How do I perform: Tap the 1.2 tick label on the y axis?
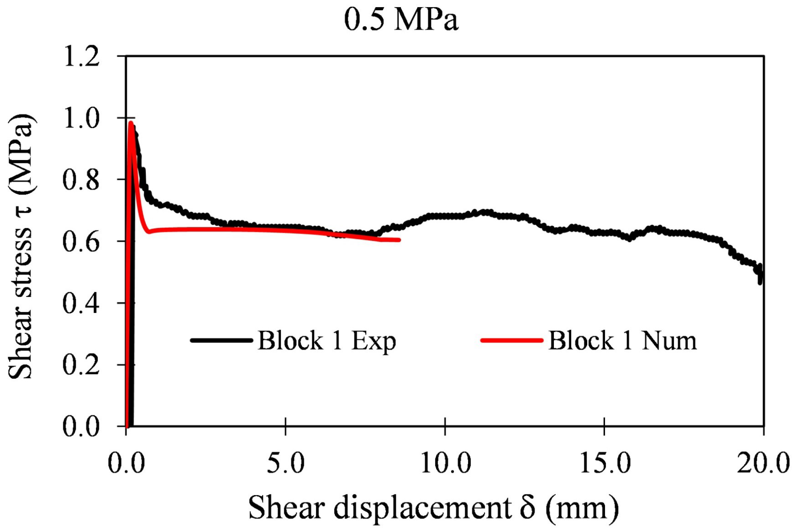click(x=81, y=57)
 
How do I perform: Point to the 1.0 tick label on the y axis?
click(x=81, y=118)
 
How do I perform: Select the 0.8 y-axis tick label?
click(x=81, y=180)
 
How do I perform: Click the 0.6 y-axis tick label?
click(x=81, y=242)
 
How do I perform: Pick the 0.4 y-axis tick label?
click(x=81, y=303)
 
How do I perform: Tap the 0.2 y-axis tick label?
click(x=81, y=365)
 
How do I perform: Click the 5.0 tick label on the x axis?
click(x=286, y=463)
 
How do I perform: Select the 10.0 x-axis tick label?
click(x=445, y=463)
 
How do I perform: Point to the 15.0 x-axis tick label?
click(x=605, y=463)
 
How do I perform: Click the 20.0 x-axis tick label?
click(x=763, y=463)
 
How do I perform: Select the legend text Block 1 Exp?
click(x=327, y=341)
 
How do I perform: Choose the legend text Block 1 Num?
click(x=622, y=341)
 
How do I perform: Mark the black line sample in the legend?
click(x=221, y=340)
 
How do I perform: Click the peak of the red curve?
click(x=131, y=123)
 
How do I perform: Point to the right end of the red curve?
click(x=399, y=240)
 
